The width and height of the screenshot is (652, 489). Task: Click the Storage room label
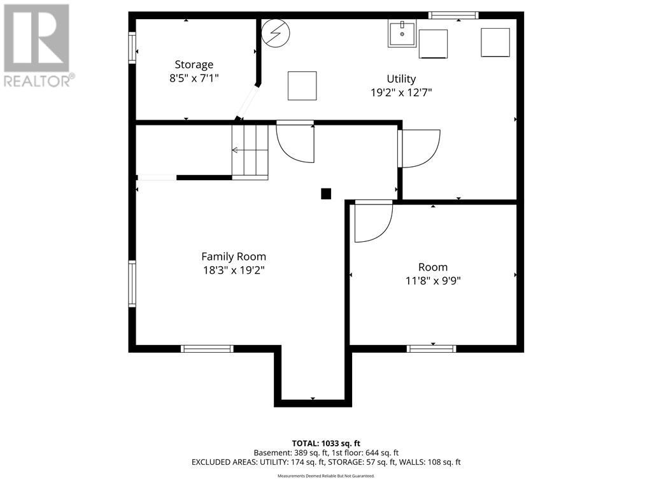click(x=194, y=64)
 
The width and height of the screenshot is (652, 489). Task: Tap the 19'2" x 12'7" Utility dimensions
click(x=401, y=92)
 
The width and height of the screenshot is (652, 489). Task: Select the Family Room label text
click(x=233, y=257)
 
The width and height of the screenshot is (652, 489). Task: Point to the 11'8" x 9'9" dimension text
click(x=433, y=281)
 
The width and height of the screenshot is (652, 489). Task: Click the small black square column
click(x=326, y=194)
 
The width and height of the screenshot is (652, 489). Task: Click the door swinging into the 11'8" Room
click(x=371, y=223)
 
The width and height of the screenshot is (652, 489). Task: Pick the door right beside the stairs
click(x=295, y=143)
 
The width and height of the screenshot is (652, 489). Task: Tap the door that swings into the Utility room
click(x=418, y=148)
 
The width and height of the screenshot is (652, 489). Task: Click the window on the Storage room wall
click(x=132, y=48)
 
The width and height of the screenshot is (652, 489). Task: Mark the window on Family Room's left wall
click(x=132, y=284)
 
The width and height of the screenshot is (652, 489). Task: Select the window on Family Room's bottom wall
click(x=207, y=348)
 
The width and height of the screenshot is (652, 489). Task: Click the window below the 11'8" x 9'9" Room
click(x=431, y=348)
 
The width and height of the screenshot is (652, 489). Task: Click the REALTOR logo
click(x=38, y=45)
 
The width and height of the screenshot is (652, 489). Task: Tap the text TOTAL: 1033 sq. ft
click(x=326, y=443)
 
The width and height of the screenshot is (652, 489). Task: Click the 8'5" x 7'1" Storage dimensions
click(x=194, y=78)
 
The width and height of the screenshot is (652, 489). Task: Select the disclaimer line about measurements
click(x=326, y=476)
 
